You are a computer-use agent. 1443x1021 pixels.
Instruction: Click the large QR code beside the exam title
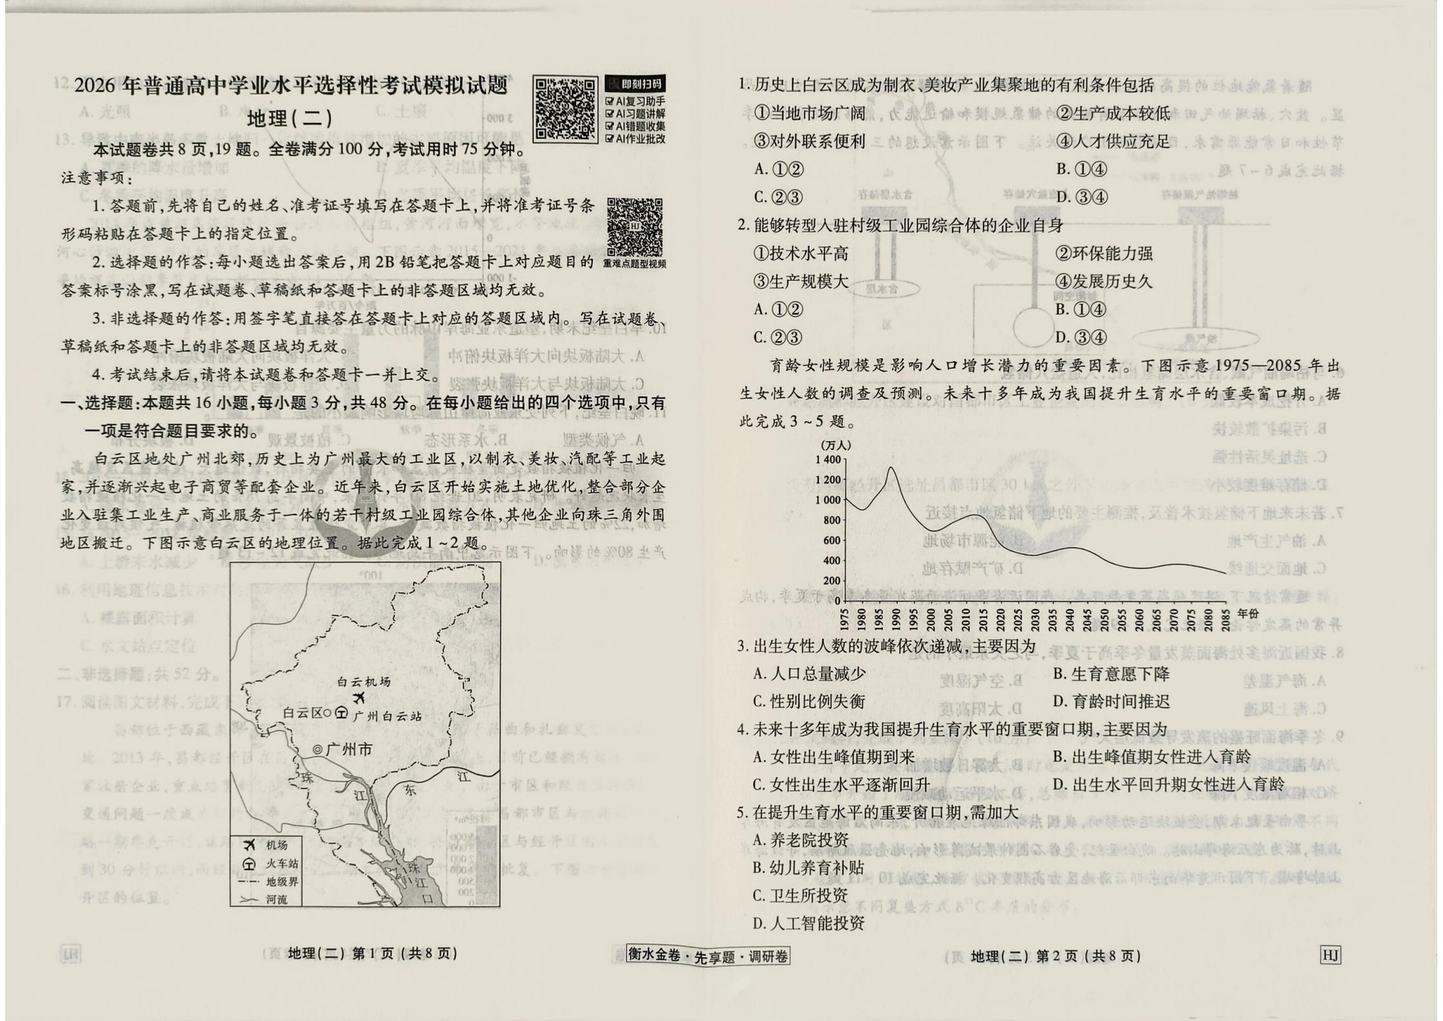564,109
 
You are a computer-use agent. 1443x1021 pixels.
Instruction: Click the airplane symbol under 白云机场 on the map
359,698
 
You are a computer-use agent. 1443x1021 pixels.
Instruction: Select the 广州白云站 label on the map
387,716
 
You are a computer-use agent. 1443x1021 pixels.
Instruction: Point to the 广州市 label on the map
349,750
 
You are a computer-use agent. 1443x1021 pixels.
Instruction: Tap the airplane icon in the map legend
248,845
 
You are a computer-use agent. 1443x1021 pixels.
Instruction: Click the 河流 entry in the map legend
277,899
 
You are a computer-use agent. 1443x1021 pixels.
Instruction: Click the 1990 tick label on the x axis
897,620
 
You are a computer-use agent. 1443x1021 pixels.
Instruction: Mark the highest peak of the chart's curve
891,467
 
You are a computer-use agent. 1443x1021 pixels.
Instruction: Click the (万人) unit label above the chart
835,445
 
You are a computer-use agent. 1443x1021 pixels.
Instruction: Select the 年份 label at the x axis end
1247,614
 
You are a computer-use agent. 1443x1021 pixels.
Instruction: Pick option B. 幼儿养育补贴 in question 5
808,868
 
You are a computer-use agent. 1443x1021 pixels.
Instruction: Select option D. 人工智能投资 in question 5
808,924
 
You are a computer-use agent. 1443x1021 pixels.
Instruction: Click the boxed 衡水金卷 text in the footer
654,955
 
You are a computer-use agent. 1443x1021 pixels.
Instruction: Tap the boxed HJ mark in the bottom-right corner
1330,955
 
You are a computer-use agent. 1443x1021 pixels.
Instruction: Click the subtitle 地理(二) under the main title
290,118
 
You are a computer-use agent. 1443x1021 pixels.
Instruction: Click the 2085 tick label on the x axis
1225,620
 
